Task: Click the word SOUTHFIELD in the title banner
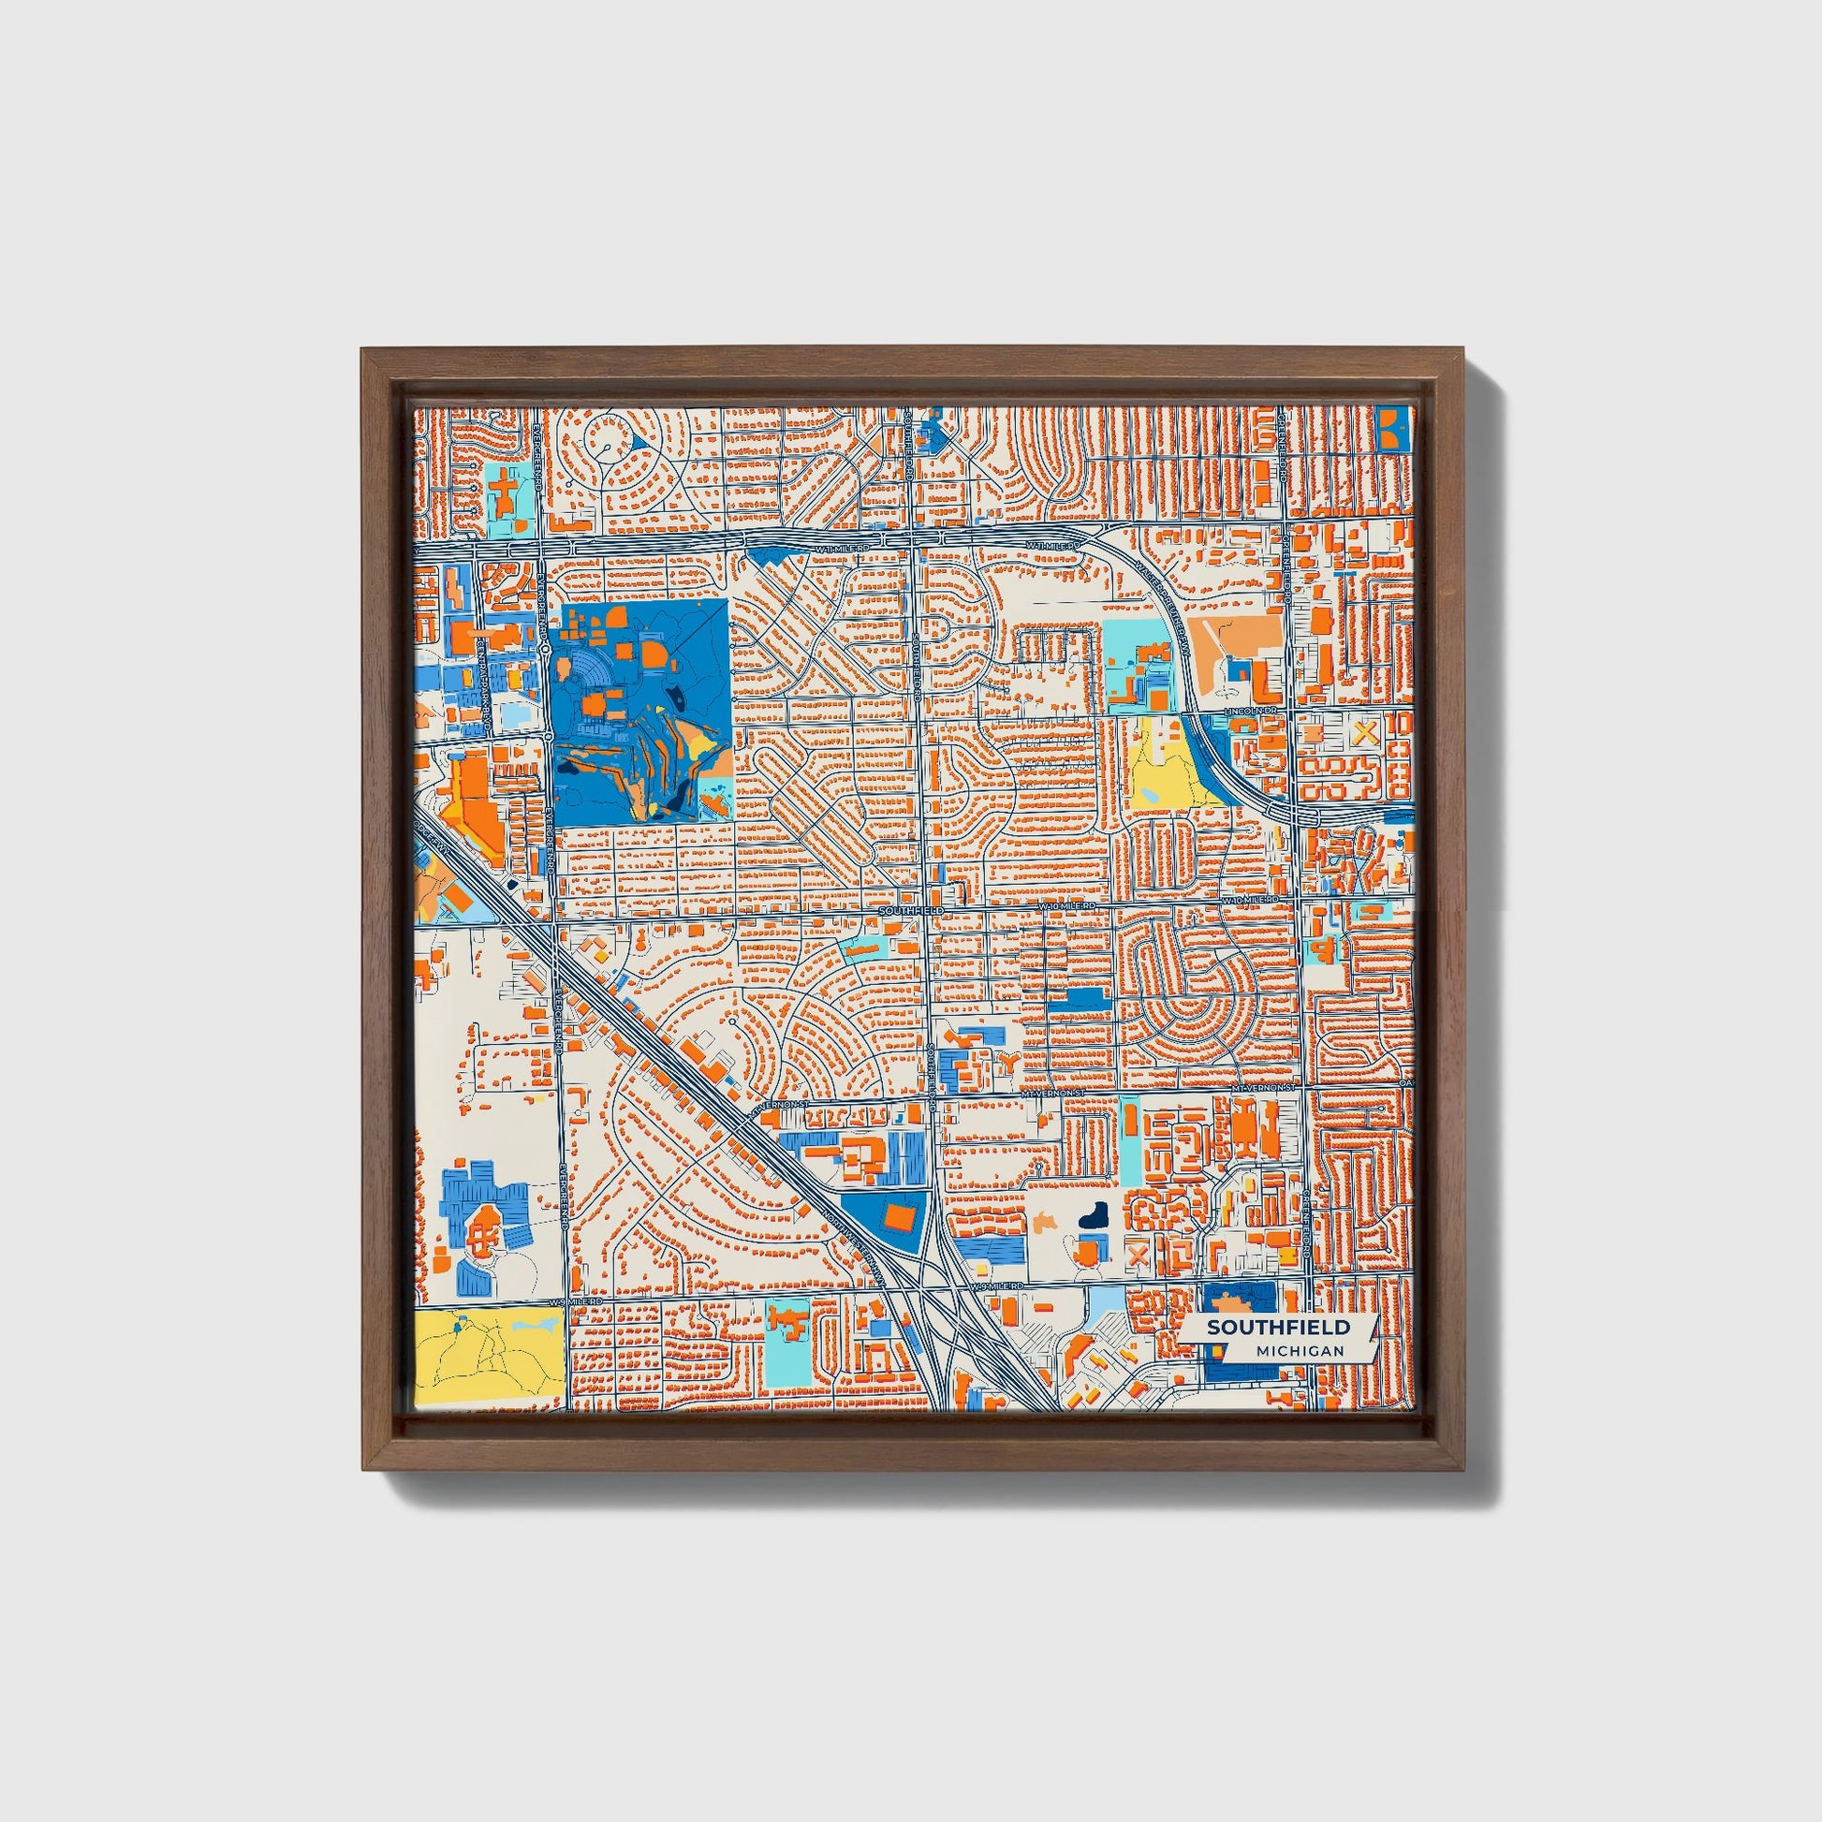point(1278,1327)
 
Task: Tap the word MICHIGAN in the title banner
point(1300,1350)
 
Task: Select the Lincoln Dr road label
point(1243,708)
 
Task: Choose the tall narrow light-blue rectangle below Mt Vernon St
point(1129,1137)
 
